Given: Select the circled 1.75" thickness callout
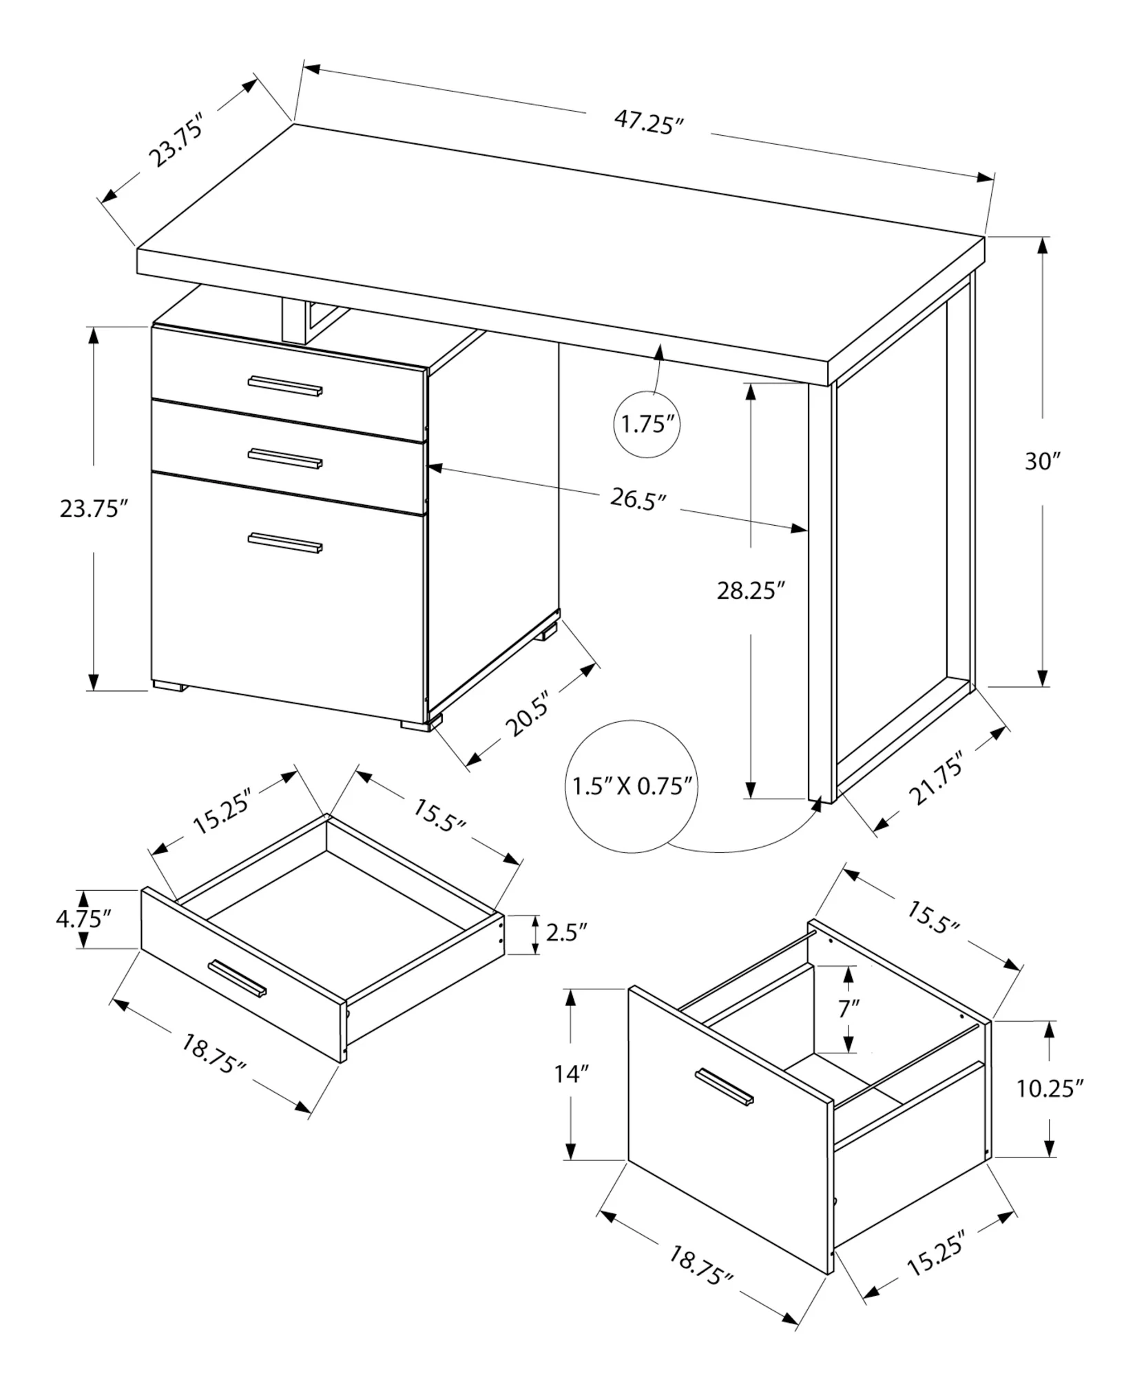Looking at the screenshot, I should pos(647,424).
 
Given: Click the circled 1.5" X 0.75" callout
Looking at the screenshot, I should pos(632,785).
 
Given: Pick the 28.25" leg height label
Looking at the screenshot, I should pos(751,590).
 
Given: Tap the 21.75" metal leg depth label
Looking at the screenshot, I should pos(935,779).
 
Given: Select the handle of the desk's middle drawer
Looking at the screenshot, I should pos(285,458).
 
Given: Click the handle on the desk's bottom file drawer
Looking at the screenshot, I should pos(285,542).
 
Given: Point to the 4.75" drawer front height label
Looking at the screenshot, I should pos(83,919).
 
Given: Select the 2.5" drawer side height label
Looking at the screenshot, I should pos(566,932).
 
